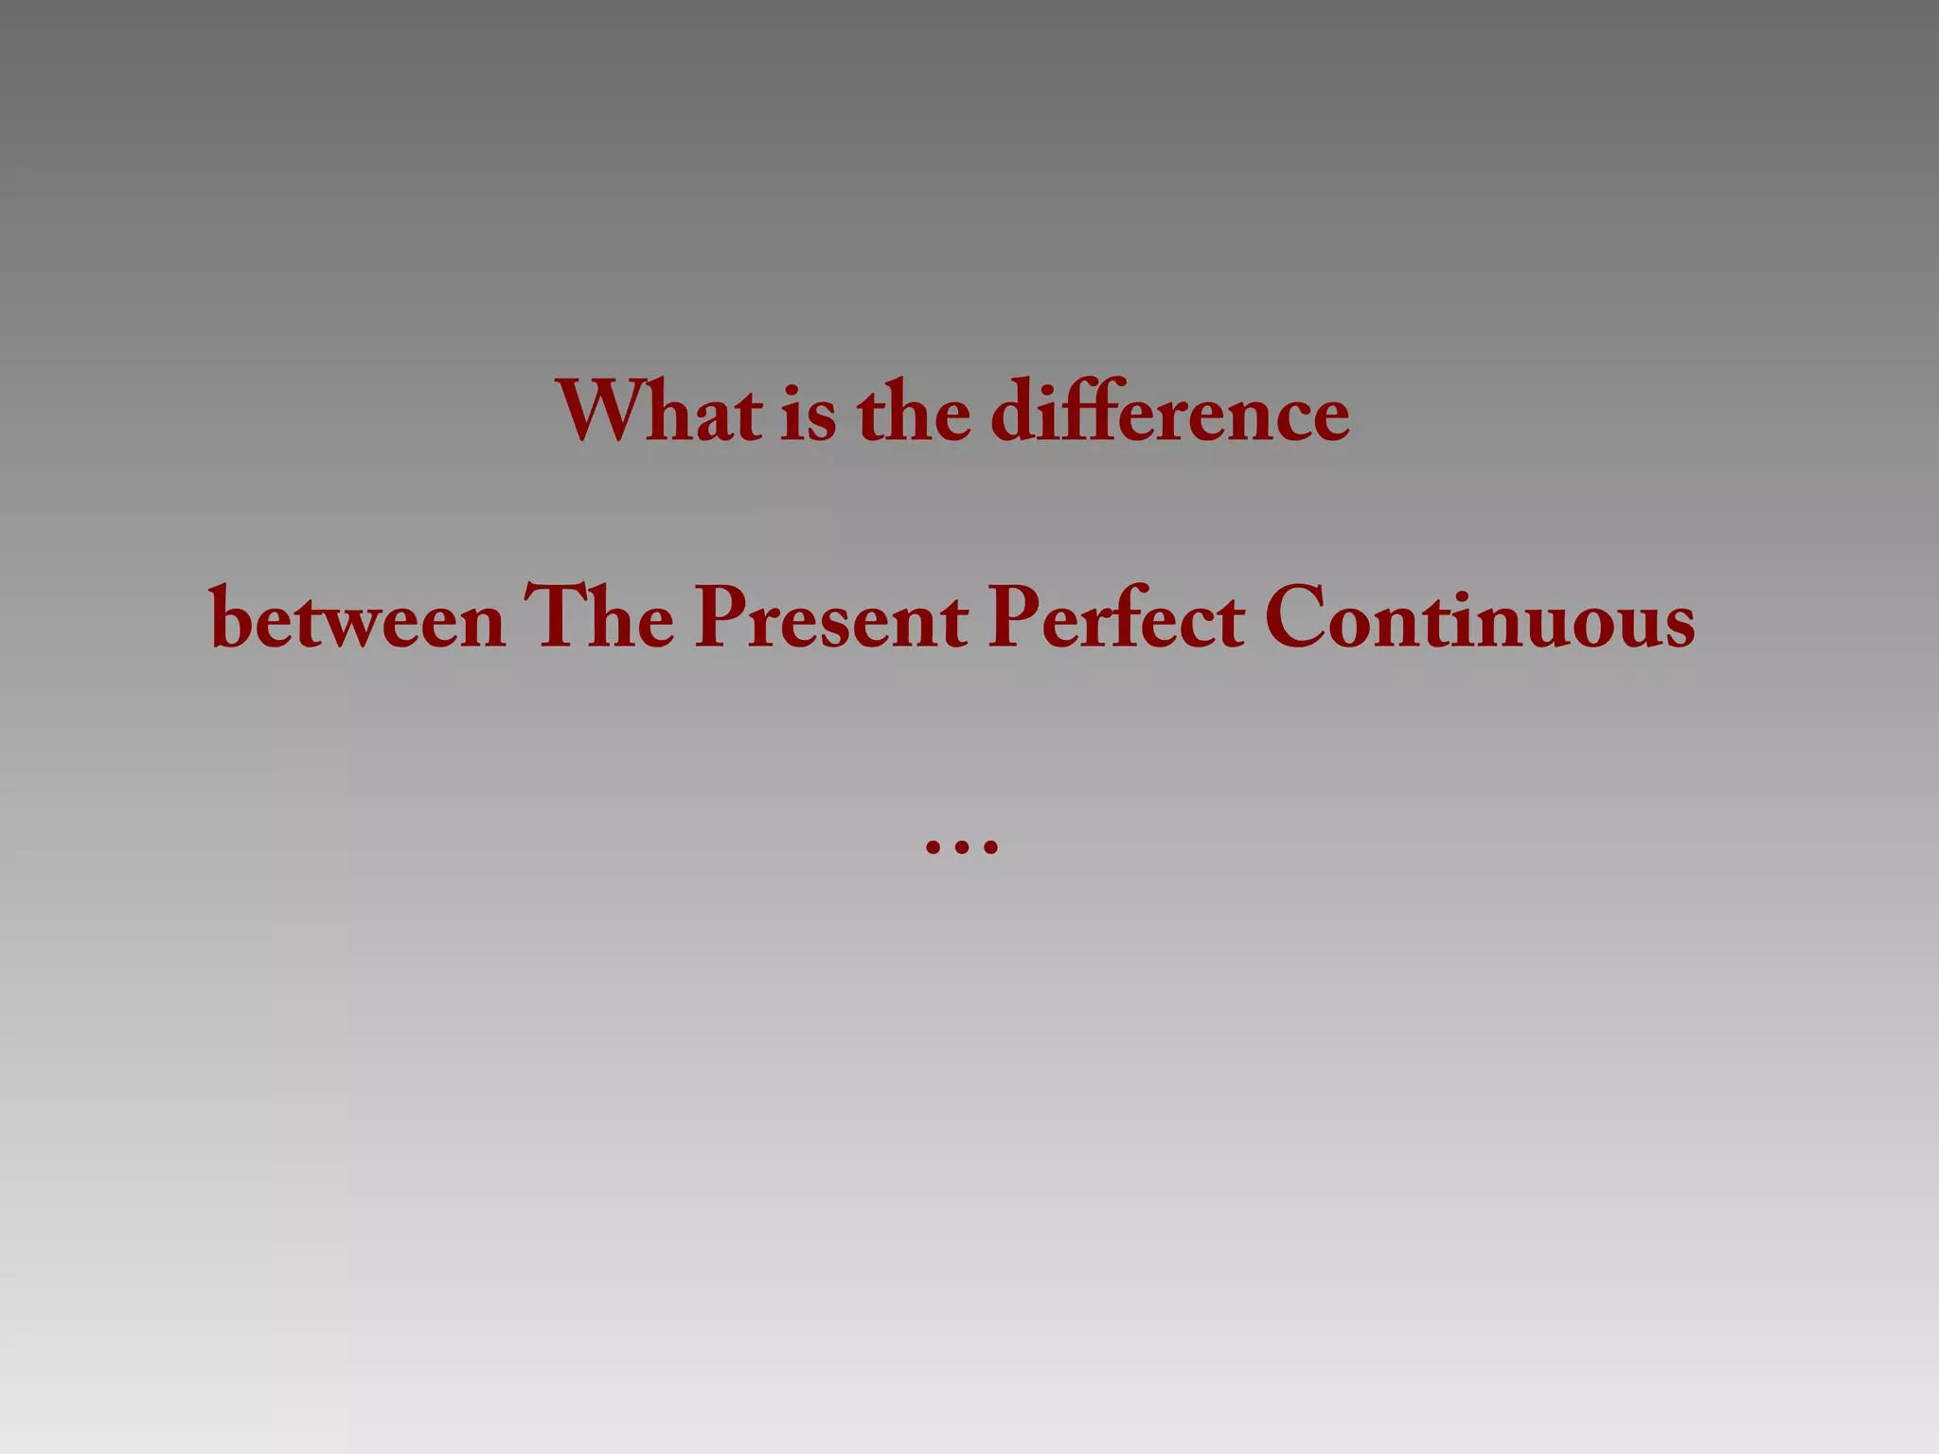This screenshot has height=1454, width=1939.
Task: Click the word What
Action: click(659, 413)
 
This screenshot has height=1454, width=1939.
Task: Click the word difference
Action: click(1170, 413)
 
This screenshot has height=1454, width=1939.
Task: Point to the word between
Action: click(358, 621)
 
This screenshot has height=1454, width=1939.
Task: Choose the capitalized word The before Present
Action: click(599, 617)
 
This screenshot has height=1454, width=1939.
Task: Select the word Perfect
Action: click(1116, 619)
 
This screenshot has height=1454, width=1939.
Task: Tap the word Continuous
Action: click(1480, 619)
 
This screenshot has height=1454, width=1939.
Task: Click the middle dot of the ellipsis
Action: click(961, 847)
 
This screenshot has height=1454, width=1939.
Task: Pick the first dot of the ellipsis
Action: click(933, 847)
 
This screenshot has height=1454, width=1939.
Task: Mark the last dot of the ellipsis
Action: click(990, 847)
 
